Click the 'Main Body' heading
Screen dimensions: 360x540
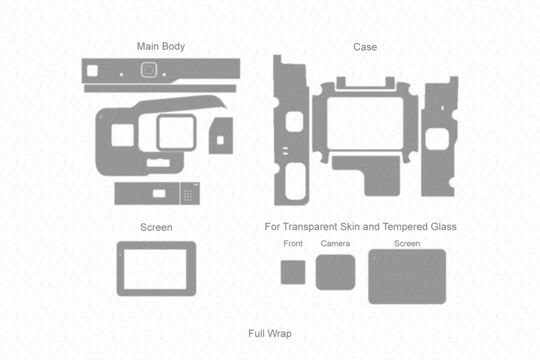161,46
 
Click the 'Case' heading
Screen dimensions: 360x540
365,47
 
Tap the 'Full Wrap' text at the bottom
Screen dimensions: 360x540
269,334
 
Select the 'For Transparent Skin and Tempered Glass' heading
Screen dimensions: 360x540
361,227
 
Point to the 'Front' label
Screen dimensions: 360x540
293,244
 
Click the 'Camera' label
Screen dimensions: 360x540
335,244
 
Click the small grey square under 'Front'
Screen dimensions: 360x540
293,272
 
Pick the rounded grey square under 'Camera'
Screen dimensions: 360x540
335,272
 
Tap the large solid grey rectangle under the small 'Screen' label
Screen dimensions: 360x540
407,276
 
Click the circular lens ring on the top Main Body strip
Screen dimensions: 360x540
148,70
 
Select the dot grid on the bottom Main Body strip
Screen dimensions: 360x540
187,196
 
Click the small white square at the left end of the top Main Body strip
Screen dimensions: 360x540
92,70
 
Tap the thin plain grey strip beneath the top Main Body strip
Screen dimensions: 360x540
159,89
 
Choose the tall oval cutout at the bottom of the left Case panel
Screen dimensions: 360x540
295,181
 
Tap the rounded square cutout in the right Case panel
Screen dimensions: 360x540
437,139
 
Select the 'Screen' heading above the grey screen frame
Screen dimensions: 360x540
156,228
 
